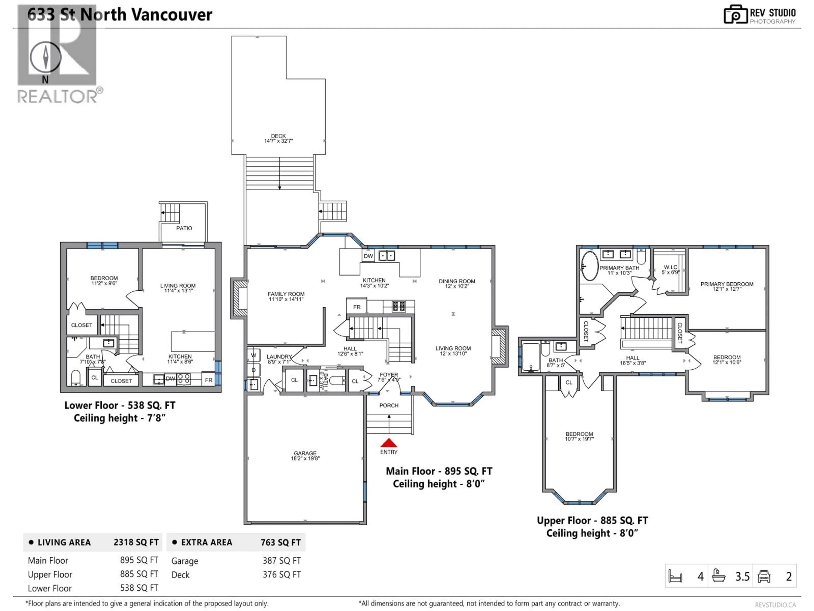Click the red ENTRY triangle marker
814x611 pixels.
coord(389,443)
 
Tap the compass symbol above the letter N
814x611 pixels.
coord(45,57)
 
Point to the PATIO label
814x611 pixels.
coord(184,228)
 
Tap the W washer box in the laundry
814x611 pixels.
coord(254,355)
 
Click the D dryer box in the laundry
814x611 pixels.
coord(254,370)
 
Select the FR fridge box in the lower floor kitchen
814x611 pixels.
coord(209,380)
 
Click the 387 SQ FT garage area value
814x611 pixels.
coord(282,561)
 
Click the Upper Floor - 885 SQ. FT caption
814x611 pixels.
coord(592,520)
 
